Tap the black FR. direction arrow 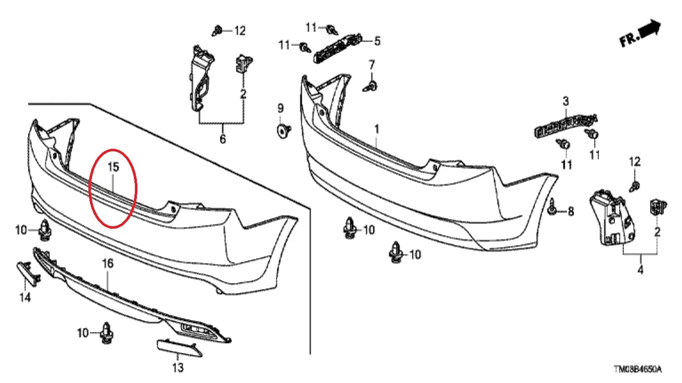650,29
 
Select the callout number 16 107,264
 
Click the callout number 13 178,368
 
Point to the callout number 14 25,297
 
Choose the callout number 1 377,130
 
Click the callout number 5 377,41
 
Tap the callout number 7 372,65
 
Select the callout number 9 280,108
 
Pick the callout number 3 566,101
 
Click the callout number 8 571,211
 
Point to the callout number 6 223,139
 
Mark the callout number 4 641,270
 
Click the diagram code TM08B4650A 638,370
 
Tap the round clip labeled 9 283,131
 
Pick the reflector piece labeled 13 179,348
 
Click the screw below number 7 371,86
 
